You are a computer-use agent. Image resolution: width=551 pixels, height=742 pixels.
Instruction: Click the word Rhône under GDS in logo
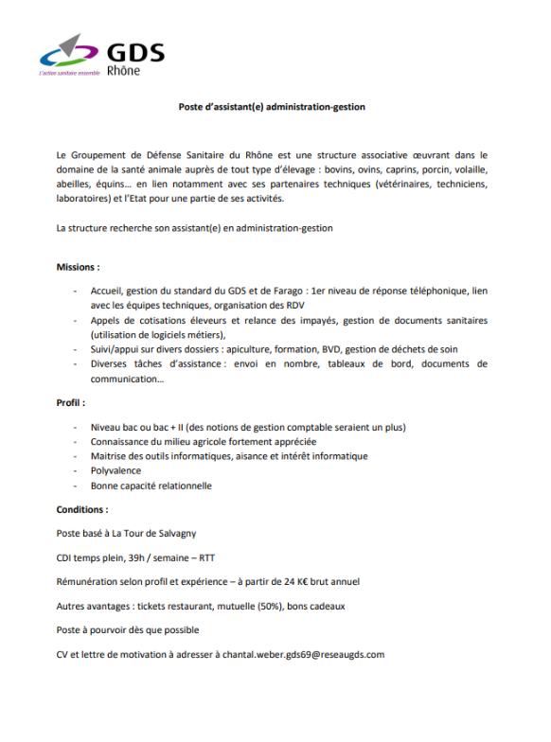click(x=123, y=69)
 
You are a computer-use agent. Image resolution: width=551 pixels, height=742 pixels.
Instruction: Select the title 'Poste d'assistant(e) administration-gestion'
click(x=272, y=107)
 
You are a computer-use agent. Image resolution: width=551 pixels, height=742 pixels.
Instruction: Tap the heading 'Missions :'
click(x=78, y=268)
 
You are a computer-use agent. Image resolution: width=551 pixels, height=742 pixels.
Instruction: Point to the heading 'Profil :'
click(x=70, y=402)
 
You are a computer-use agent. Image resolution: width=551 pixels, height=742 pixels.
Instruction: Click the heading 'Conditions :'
click(x=81, y=509)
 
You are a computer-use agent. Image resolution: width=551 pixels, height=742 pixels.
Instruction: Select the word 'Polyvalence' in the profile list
click(x=116, y=470)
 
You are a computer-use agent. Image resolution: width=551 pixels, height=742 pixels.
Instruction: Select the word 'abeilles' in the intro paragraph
click(x=75, y=185)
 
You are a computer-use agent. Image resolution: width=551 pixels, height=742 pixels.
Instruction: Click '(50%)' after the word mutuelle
click(x=271, y=606)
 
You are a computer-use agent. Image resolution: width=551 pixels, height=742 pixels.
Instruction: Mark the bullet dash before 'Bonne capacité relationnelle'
click(x=76, y=486)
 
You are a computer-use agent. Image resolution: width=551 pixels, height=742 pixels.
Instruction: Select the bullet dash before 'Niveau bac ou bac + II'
click(x=76, y=427)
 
